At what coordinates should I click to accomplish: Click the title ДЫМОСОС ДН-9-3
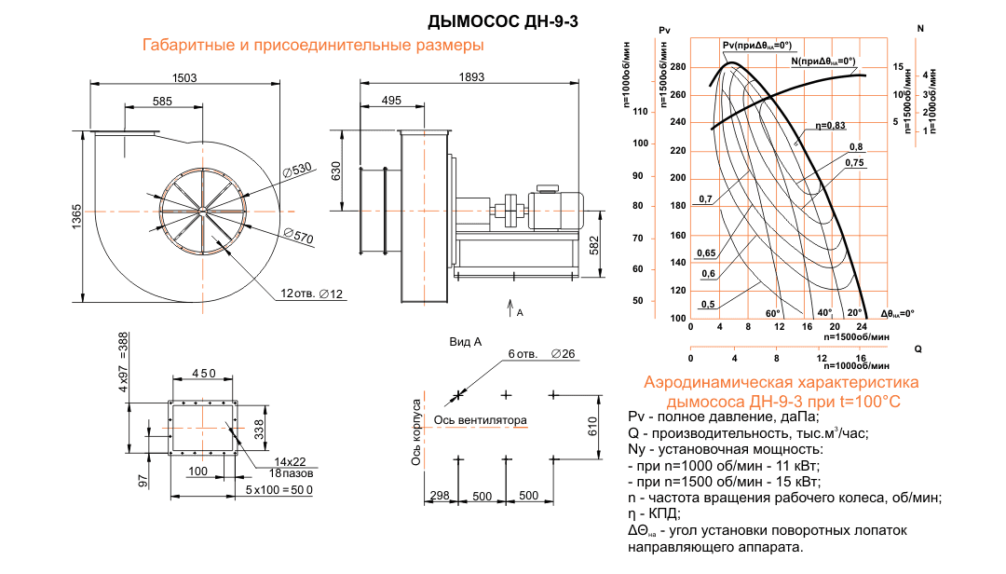504,21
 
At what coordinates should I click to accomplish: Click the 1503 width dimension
184,78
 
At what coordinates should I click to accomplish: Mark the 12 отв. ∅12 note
311,294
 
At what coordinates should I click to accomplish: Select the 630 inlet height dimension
344,171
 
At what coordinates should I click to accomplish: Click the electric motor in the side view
560,206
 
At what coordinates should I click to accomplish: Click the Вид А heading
465,342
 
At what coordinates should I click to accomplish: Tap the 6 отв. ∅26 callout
543,354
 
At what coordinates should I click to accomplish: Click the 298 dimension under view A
441,496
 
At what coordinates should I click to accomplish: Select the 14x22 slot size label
290,461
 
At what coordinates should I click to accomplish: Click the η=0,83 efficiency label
830,125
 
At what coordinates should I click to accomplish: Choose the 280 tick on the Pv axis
677,67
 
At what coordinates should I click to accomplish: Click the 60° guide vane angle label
772,313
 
